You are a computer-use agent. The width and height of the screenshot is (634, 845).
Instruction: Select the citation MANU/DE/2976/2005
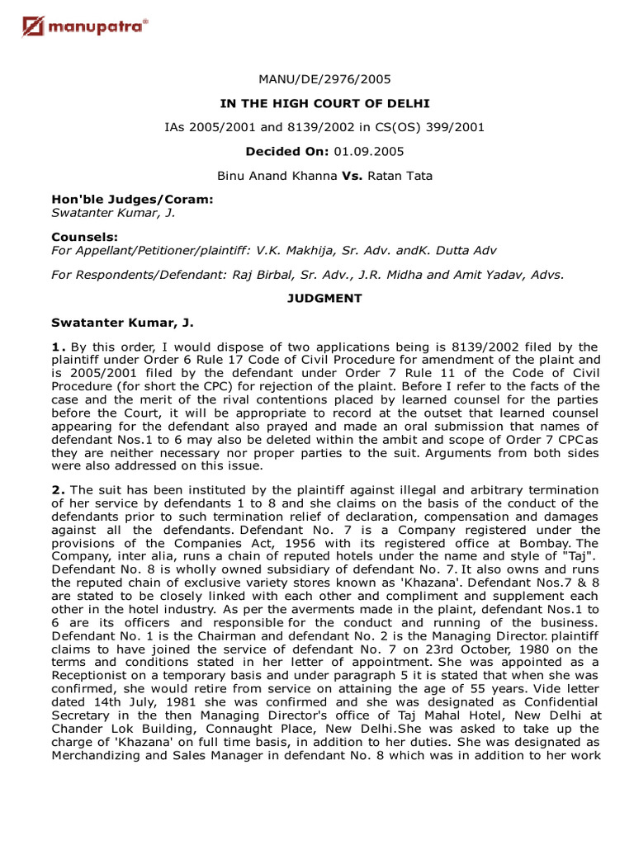(x=325, y=80)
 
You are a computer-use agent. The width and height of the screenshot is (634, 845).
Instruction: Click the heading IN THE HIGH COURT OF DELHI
(x=325, y=103)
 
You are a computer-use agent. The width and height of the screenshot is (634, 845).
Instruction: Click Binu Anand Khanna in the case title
(x=277, y=176)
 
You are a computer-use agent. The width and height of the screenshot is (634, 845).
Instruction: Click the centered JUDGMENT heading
(x=325, y=299)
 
